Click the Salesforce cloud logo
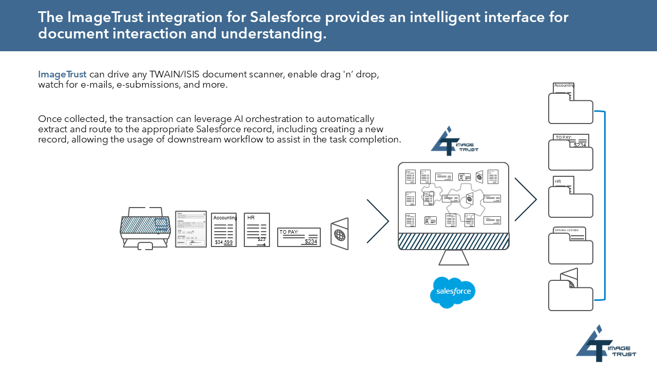(453, 292)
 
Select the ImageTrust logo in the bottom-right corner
(606, 344)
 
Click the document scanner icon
(145, 229)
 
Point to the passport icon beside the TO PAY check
(339, 235)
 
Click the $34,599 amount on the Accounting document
(224, 242)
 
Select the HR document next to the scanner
(257, 230)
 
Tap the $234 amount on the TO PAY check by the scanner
(311, 242)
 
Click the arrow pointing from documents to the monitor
(378, 221)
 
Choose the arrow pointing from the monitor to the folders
(526, 199)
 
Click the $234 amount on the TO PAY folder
(579, 145)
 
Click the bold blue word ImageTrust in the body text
(62, 74)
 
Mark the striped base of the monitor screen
(454, 241)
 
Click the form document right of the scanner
(191, 229)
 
